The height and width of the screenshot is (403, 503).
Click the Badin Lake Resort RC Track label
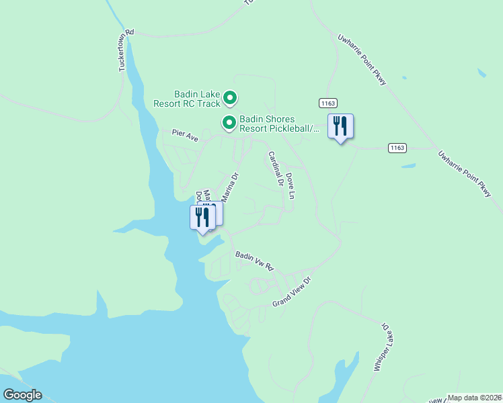(x=187, y=99)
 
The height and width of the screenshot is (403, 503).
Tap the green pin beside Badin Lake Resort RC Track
(x=229, y=99)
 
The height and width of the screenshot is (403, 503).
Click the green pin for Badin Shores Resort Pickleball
(x=229, y=123)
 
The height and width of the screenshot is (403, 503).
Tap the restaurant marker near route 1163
(x=340, y=126)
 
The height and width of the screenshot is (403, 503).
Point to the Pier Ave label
(x=185, y=136)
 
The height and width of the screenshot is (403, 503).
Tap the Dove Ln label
(x=291, y=185)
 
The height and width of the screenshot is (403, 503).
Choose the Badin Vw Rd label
(x=255, y=261)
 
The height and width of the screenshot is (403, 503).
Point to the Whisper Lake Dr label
(x=381, y=346)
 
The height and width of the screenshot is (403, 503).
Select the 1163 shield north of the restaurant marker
(x=327, y=103)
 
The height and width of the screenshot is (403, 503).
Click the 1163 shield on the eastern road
(x=397, y=147)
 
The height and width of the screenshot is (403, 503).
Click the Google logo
(x=22, y=395)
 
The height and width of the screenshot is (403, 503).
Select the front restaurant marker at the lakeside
(x=200, y=218)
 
